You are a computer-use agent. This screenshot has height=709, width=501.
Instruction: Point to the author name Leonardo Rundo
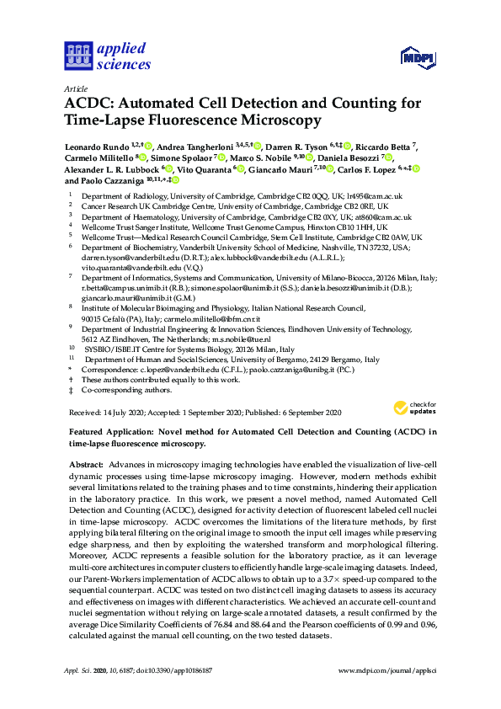point(97,146)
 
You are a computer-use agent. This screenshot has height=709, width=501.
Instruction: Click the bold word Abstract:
point(86,465)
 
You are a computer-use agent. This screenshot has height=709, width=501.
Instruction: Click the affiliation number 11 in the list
point(73,359)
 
